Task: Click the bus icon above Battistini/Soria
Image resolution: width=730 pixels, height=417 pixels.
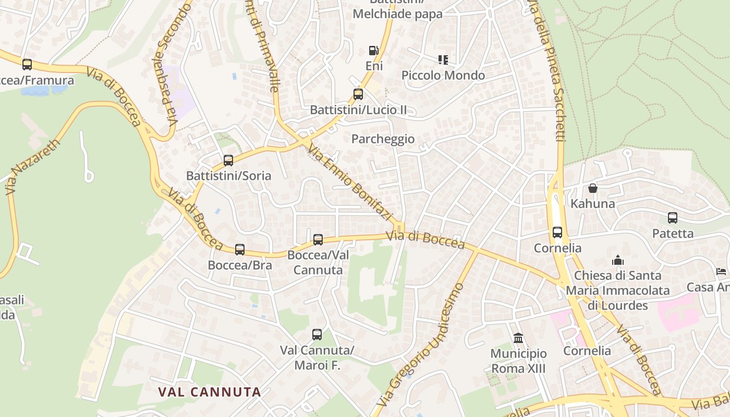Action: click(228, 161)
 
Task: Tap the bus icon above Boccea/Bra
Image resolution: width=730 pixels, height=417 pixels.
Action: click(240, 250)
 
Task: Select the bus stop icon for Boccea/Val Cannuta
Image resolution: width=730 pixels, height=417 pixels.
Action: click(318, 240)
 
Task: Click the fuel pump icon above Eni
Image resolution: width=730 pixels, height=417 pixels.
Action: click(374, 51)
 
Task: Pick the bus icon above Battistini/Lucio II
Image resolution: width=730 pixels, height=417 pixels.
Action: click(358, 94)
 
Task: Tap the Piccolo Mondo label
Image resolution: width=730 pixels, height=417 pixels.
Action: click(443, 76)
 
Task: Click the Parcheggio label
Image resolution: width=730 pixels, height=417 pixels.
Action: click(383, 139)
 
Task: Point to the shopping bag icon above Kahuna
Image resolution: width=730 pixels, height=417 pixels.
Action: click(593, 188)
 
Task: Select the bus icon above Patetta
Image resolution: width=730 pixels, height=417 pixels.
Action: click(673, 218)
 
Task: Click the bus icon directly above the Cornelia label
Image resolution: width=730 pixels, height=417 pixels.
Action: click(557, 232)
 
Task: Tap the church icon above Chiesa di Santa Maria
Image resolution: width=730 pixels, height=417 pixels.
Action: click(618, 260)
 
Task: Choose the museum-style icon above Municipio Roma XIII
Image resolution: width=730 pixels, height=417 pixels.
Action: click(518, 338)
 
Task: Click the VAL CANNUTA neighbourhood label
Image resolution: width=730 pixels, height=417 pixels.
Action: click(210, 392)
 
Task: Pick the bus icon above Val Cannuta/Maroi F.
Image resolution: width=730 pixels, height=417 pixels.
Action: click(317, 335)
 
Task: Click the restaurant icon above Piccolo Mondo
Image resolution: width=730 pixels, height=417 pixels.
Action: click(443, 60)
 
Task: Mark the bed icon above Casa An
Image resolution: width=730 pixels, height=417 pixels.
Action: click(721, 272)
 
